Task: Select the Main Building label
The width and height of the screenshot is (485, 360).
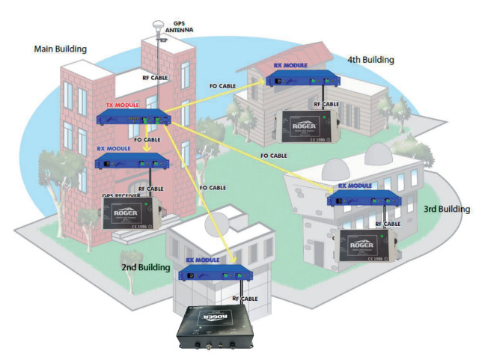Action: (61, 49)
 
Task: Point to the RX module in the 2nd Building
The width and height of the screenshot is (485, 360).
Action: (213, 274)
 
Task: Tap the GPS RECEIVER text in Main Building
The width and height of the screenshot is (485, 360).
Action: (124, 195)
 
